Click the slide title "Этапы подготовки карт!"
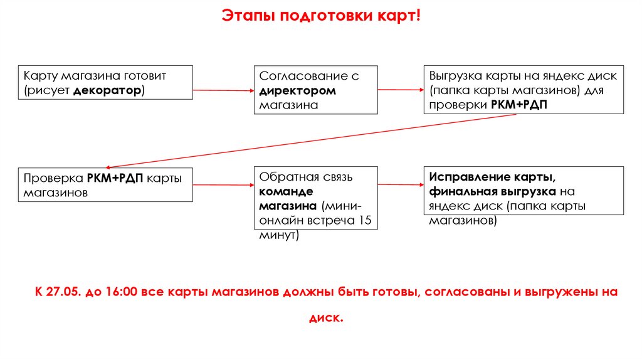pyautogui.click(x=320, y=14)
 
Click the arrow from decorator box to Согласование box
pyautogui.click(x=223, y=90)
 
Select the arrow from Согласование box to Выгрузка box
pyautogui.click(x=401, y=90)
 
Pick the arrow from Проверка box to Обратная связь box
pyautogui.click(x=223, y=185)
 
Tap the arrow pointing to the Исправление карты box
pyautogui.click(x=401, y=184)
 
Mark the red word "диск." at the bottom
pyautogui.click(x=327, y=317)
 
